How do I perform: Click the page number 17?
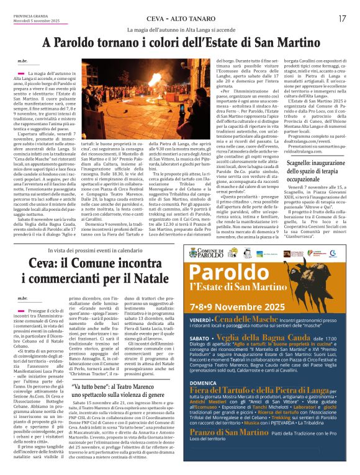pyautogui.click(x=343, y=18)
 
